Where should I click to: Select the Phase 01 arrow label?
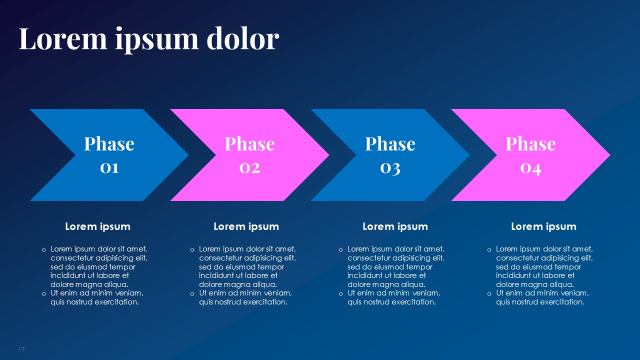click(109, 155)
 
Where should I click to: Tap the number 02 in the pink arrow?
click(249, 167)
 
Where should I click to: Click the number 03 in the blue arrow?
click(390, 167)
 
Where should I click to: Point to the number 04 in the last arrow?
click(530, 167)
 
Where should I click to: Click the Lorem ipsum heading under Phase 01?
click(97, 226)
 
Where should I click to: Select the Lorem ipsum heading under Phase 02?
click(246, 226)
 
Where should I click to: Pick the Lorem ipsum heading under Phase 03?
click(395, 226)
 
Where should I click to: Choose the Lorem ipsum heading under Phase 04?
click(543, 226)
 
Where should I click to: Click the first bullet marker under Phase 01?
click(43, 249)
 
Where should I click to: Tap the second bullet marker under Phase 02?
click(192, 293)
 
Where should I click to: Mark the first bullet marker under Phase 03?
click(340, 249)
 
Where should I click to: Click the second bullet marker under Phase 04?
click(489, 293)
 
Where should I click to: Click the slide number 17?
click(21, 349)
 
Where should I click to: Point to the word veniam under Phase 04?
click(574, 293)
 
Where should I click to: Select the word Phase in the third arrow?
click(390, 144)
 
